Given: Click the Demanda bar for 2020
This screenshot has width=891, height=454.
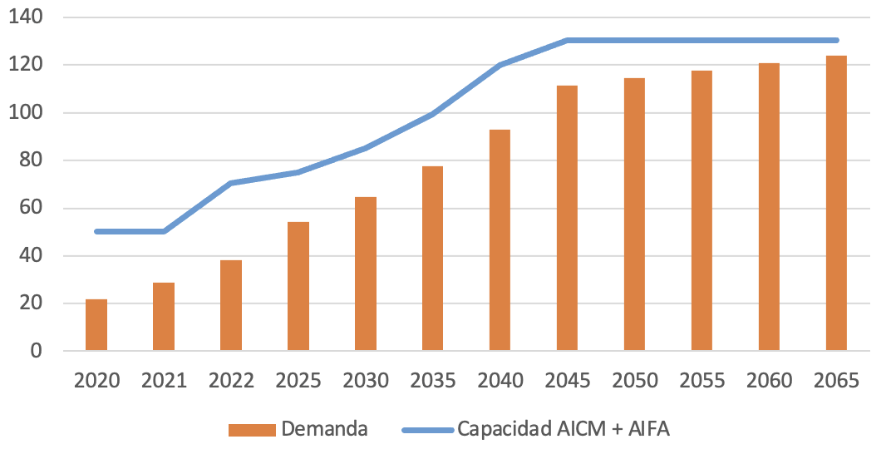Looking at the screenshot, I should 96,325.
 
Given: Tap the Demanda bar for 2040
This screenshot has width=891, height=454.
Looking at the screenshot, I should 500,240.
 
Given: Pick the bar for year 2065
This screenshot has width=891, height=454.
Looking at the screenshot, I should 836,204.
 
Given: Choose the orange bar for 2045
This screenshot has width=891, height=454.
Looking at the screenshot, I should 568,219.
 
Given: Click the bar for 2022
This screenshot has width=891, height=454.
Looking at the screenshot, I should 231,306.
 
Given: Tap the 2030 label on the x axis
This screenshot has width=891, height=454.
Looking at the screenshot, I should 366,380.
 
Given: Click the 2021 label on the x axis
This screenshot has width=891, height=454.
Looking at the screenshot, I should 164,380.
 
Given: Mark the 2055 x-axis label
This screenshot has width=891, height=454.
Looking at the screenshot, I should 702,380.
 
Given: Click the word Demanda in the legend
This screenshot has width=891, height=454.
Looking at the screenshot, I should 324,429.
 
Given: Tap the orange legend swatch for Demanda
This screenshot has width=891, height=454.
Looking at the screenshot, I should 252,430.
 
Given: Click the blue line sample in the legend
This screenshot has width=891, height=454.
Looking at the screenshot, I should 427,430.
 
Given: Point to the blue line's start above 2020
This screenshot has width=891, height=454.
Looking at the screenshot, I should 97,231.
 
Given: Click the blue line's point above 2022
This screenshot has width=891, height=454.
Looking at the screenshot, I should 231,183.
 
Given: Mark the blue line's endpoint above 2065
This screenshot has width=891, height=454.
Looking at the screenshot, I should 836,40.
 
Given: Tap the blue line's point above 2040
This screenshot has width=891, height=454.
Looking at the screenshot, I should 500,64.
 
